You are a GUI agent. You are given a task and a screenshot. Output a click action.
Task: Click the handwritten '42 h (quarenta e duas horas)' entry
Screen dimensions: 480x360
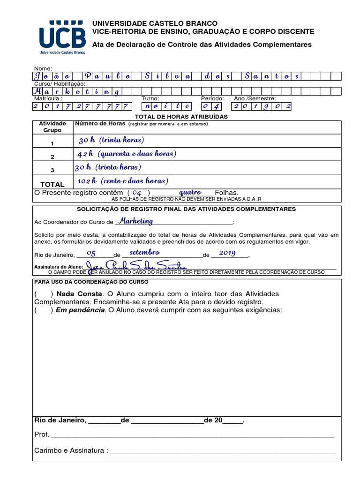click(x=127, y=154)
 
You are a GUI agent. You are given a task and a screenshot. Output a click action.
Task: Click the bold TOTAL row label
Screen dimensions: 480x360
click(x=52, y=185)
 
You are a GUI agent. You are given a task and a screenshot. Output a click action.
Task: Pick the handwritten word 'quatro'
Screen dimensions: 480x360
click(x=190, y=192)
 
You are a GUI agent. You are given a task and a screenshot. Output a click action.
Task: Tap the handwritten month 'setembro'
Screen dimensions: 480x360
click(x=145, y=253)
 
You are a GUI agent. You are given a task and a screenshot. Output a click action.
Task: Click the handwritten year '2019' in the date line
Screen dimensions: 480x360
click(x=227, y=253)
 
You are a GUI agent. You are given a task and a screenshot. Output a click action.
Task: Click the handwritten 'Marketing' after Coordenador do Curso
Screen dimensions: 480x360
click(x=135, y=221)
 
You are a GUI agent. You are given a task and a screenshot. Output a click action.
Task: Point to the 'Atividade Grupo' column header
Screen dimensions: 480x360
click(x=52, y=127)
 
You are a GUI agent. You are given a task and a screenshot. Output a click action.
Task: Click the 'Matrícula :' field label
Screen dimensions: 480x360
click(x=48, y=99)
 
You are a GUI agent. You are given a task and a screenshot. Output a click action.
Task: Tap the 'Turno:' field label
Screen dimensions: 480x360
click(x=150, y=99)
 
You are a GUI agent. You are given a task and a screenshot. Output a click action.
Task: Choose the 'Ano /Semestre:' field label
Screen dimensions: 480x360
click(x=255, y=99)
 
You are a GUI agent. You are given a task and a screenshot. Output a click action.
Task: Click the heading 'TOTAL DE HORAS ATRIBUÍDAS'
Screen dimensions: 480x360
click(x=181, y=116)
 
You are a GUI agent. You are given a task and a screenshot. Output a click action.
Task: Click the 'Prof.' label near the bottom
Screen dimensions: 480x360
click(x=42, y=435)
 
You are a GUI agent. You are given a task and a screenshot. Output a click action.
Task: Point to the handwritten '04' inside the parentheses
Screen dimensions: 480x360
click(x=137, y=193)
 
